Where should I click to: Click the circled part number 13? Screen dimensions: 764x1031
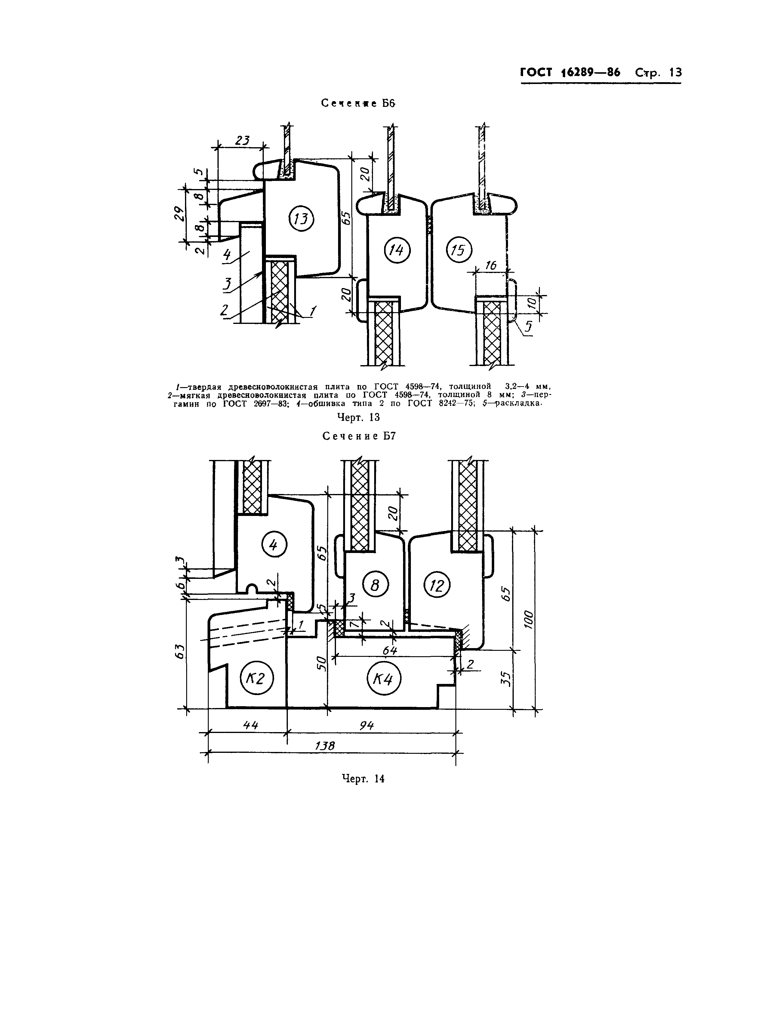coord(301,219)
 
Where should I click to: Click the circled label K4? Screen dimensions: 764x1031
coord(384,679)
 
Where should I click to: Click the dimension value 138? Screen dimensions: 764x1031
coord(324,746)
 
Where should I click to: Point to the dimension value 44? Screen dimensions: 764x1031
coord(250,725)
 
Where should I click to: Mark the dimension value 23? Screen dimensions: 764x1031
coord(242,140)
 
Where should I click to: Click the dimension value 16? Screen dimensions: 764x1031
coord(491,265)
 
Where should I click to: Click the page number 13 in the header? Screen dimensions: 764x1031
coord(675,73)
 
